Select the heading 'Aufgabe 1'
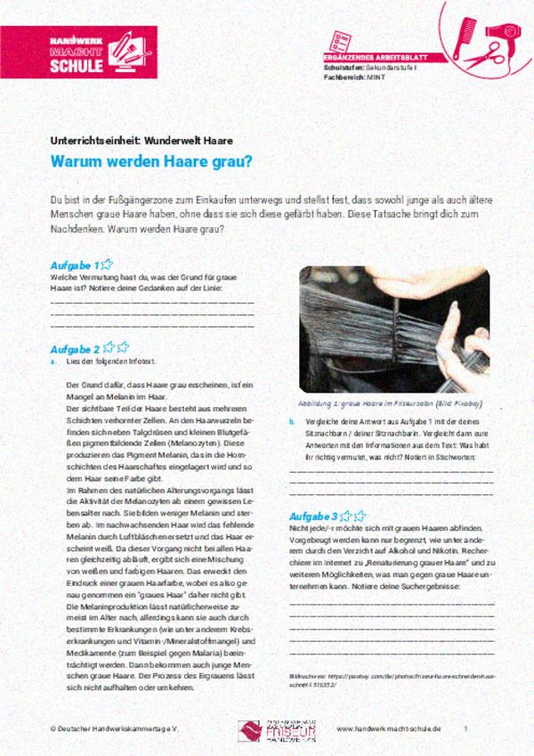point(75,264)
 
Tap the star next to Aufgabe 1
point(106,264)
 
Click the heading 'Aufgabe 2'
point(75,348)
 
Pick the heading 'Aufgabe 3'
point(313,516)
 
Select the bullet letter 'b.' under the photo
point(292,421)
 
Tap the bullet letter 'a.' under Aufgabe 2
point(54,362)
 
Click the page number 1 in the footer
point(465,728)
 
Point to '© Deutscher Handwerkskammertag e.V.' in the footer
point(102,728)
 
